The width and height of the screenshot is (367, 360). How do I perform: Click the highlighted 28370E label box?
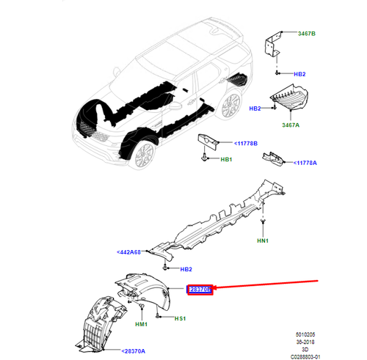pos(200,290)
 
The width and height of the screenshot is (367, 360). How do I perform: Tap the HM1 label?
pos(142,324)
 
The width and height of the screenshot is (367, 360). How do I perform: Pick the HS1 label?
pos(180,319)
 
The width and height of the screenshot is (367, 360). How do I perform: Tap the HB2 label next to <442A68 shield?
pos(187,270)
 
